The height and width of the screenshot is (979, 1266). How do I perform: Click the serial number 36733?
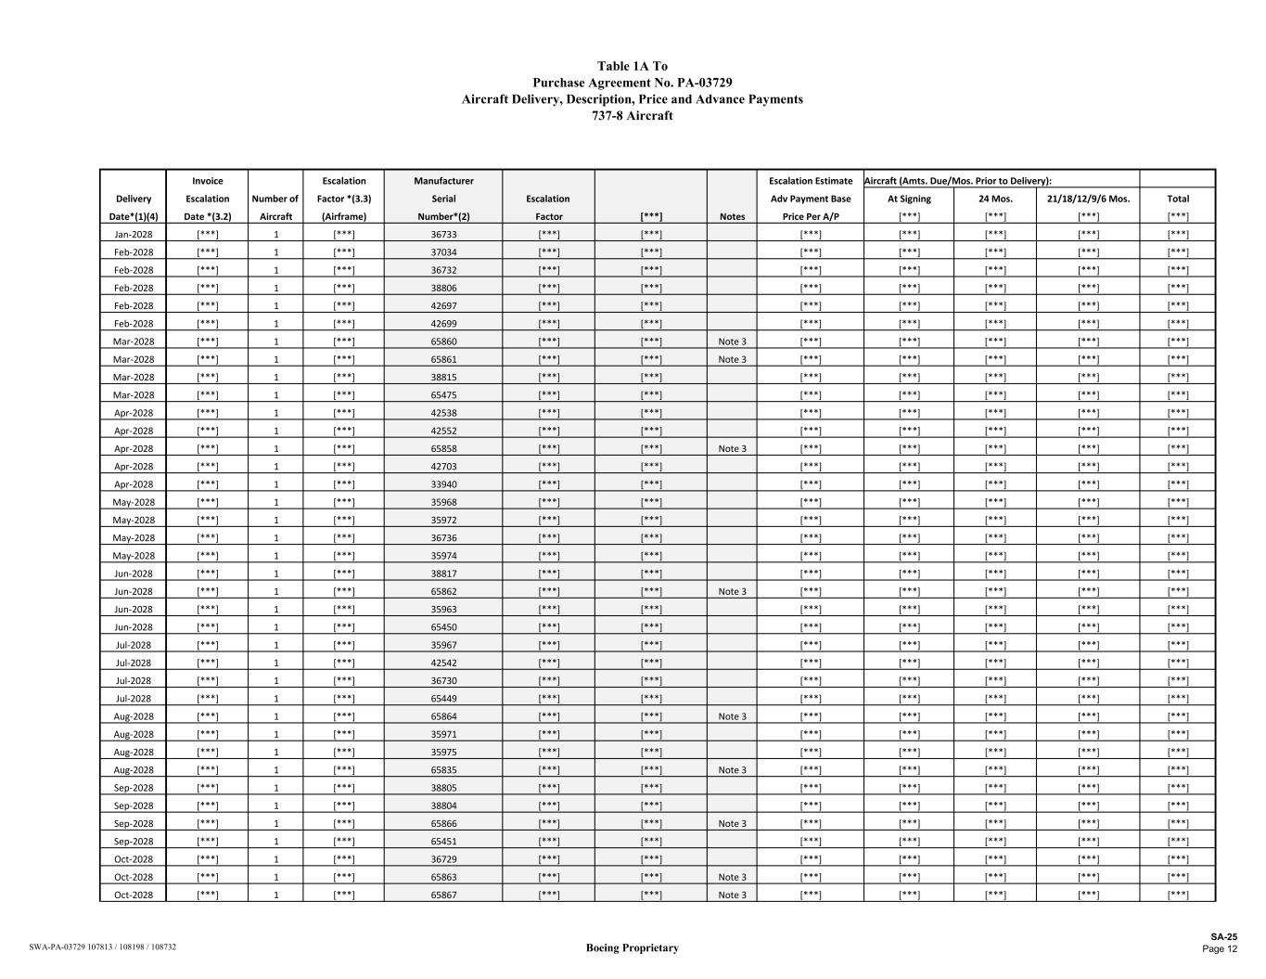pyautogui.click(x=443, y=234)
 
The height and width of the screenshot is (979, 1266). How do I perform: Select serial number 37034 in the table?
pyautogui.click(x=443, y=251)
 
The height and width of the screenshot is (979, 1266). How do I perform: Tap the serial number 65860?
pyautogui.click(x=443, y=341)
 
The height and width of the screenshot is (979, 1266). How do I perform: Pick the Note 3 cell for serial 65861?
pyautogui.click(x=732, y=359)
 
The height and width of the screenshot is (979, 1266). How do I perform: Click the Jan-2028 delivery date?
pyautogui.click(x=134, y=234)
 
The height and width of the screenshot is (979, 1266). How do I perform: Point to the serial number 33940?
pyautogui.click(x=443, y=484)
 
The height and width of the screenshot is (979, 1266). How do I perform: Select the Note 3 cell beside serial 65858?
pyautogui.click(x=732, y=448)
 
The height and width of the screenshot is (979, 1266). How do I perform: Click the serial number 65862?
pyautogui.click(x=443, y=591)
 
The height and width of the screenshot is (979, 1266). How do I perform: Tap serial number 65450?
pyautogui.click(x=443, y=627)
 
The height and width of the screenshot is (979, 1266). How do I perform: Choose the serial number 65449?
pyautogui.click(x=443, y=699)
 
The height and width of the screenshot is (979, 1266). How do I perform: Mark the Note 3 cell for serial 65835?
pyautogui.click(x=732, y=770)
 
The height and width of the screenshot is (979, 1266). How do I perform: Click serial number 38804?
pyautogui.click(x=443, y=805)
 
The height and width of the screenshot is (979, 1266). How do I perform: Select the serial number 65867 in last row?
pyautogui.click(x=443, y=895)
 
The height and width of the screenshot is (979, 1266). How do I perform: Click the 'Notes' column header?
pyautogui.click(x=732, y=216)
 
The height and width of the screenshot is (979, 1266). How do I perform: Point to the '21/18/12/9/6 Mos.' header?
pyautogui.click(x=1088, y=199)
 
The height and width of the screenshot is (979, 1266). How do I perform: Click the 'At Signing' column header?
pyautogui.click(x=909, y=199)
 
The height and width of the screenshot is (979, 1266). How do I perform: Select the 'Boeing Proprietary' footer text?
pyautogui.click(x=632, y=947)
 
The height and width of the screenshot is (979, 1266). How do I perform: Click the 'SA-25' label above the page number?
pyautogui.click(x=1223, y=937)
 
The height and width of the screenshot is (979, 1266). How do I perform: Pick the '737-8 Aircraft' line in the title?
pyautogui.click(x=632, y=116)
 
